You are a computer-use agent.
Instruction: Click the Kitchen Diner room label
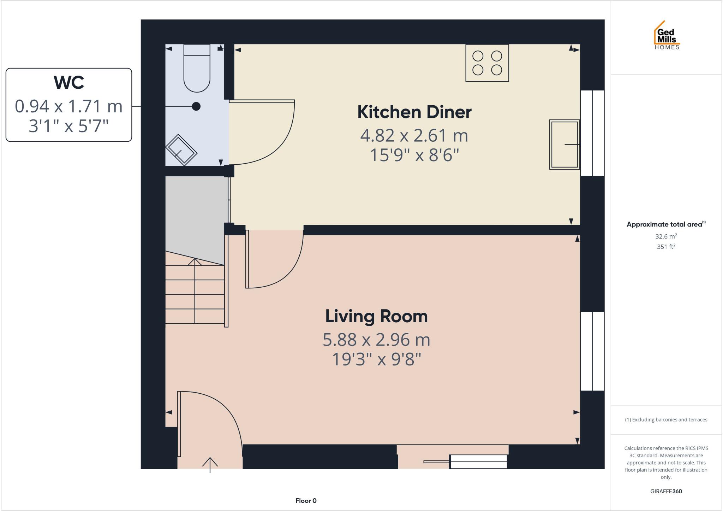tap(414, 112)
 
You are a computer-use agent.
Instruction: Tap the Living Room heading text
tap(376, 316)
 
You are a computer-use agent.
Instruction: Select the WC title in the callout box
tap(69, 83)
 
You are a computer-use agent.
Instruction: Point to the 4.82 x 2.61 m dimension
tap(414, 136)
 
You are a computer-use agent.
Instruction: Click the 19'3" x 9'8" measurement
tap(376, 360)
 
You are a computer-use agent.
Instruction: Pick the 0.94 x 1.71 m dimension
tap(69, 106)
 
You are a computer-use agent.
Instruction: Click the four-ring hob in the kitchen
tap(487, 63)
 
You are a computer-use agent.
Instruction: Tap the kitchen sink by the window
tap(564, 144)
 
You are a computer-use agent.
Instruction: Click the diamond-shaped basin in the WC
tap(181, 150)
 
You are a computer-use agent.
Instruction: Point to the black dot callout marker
tap(196, 106)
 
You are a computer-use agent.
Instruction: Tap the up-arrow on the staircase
tap(195, 262)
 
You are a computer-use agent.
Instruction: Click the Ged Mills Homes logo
tap(666, 35)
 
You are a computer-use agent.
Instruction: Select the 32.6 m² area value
tap(666, 236)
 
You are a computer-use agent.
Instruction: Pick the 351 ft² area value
tap(666, 247)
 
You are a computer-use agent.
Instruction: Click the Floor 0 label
tap(306, 500)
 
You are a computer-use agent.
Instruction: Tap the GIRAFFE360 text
tap(666, 491)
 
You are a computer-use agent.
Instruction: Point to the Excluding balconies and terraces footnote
tap(666, 420)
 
